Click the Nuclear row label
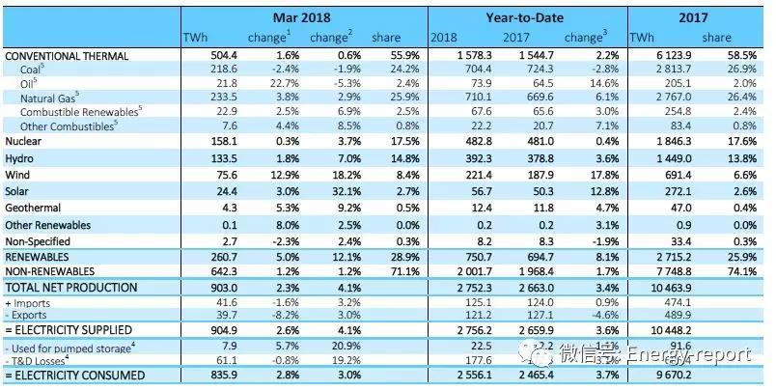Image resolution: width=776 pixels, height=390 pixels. point(25,141)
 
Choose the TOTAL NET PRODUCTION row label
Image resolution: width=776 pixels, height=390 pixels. point(72,288)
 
